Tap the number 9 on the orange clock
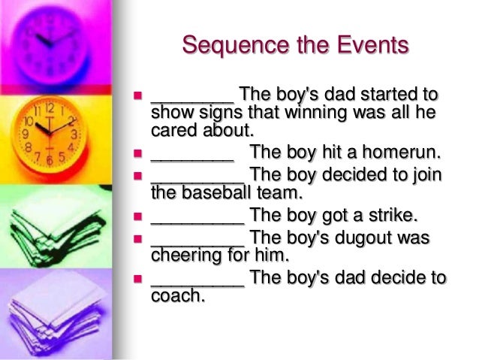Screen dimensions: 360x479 pos(28,136)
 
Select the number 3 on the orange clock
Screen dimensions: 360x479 pos(74,135)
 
